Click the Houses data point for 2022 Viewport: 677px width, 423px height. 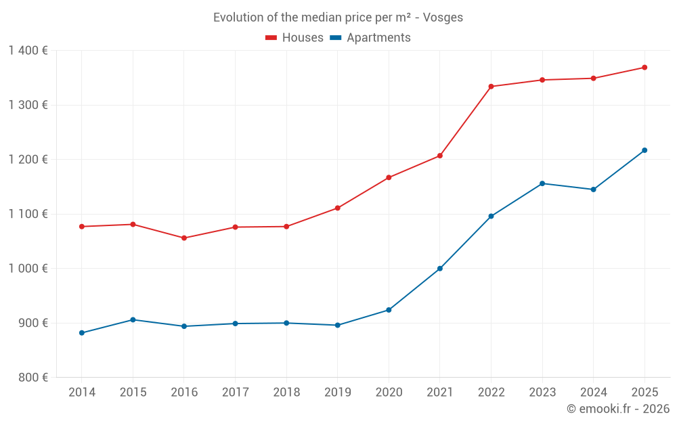coord(491,87)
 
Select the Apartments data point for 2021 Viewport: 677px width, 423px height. coord(440,269)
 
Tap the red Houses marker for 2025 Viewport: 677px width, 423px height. coord(645,68)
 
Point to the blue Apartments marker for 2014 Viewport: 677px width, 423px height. coord(82,333)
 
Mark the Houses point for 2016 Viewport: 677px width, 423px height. coord(184,238)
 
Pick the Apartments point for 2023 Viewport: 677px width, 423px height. coord(542,183)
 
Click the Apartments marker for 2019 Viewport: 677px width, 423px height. coord(338,326)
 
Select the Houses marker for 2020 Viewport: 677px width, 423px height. coord(389,178)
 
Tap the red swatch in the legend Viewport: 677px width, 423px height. coord(271,38)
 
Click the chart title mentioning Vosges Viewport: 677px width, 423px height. coord(338,18)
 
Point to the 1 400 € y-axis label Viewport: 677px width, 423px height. coord(28,51)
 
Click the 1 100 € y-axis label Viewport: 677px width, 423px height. coord(28,214)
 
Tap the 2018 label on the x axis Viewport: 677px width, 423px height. coord(286,393)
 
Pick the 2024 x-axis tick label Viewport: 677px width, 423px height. coord(593,393)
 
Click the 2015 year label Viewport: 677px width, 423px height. coord(133,393)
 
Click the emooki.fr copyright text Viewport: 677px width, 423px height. coord(617,409)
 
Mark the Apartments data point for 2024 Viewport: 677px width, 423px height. coord(593,190)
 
